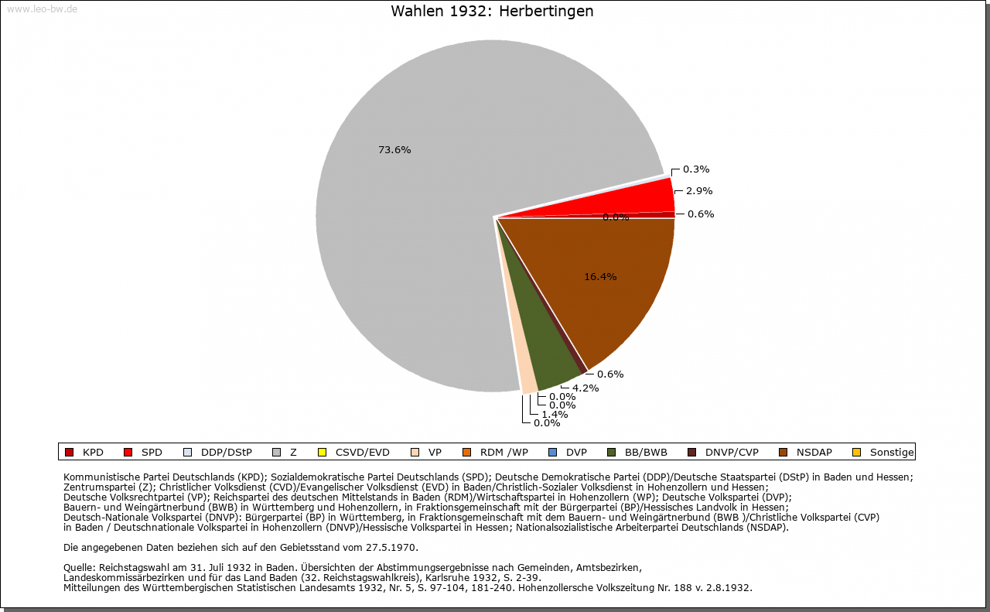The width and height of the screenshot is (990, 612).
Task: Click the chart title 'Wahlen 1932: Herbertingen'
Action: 492,12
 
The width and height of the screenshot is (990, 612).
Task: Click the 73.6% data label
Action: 394,150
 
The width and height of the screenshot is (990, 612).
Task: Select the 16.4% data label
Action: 600,277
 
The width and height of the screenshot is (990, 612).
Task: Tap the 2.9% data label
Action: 699,191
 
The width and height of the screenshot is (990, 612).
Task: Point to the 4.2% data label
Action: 585,388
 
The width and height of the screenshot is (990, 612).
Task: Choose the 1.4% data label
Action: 555,415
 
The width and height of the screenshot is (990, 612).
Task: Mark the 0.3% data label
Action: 696,169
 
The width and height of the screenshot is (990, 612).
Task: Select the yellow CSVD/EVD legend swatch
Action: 323,453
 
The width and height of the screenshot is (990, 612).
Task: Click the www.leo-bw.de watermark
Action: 42,9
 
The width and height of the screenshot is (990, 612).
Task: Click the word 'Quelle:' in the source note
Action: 80,568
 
